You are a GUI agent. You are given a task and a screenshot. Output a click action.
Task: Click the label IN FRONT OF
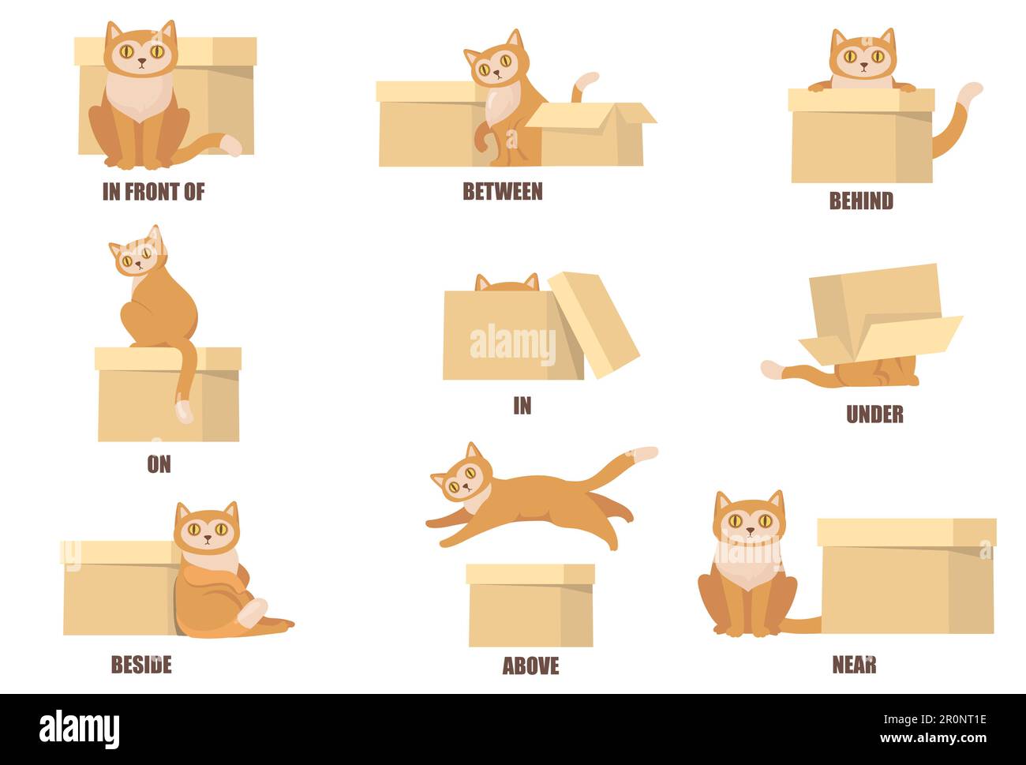point(153,192)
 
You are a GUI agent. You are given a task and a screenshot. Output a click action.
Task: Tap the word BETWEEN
point(503,192)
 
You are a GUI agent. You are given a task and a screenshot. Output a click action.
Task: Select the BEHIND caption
point(861,201)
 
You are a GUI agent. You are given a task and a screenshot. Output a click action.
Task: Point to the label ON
point(159,464)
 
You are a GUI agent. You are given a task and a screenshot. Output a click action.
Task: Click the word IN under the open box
point(522,406)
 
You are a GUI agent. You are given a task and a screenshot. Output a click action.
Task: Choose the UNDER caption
point(874,414)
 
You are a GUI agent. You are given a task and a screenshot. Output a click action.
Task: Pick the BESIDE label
point(141,665)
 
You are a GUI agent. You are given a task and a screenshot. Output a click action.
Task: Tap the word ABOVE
point(530,666)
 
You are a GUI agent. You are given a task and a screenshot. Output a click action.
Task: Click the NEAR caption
point(854,665)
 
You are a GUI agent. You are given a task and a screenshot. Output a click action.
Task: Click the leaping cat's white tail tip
point(642,454)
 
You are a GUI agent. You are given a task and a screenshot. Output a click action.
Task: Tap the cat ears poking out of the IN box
point(507,283)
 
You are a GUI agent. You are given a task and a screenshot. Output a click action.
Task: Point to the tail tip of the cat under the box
point(772,369)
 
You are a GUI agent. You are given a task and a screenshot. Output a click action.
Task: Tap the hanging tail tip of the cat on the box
point(184,411)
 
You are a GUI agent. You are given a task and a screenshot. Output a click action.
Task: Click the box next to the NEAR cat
point(906,576)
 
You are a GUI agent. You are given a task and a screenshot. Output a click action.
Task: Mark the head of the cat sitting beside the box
point(206,527)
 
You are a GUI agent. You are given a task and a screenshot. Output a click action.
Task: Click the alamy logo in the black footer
point(80,729)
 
